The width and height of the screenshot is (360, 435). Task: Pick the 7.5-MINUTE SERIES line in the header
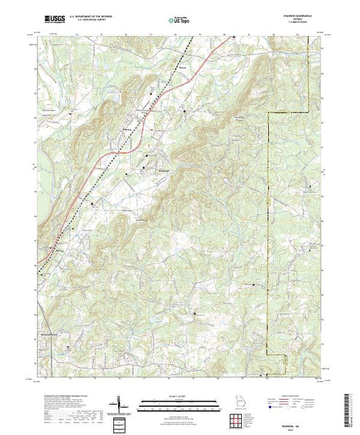298,23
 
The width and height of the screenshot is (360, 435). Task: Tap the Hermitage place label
160,171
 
